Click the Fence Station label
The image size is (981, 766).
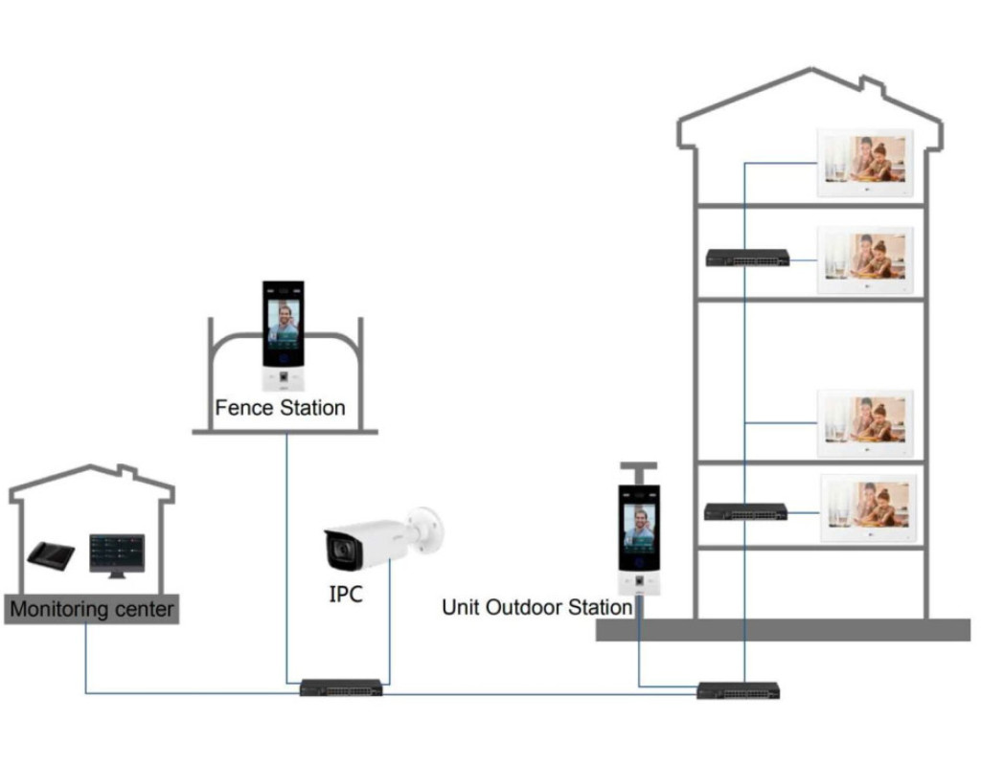280,408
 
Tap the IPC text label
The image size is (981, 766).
346,595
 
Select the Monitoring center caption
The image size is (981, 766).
92,609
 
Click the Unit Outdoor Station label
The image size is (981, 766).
536,607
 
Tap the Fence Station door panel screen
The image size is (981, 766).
283,323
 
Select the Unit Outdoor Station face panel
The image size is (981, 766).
638,528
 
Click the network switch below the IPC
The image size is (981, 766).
341,687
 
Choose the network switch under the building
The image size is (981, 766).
738,689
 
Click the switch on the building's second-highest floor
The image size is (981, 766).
747,258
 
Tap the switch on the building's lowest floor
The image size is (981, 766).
746,511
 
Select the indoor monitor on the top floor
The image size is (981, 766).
864,163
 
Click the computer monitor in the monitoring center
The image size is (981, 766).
117,553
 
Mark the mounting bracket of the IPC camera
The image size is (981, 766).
427,522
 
